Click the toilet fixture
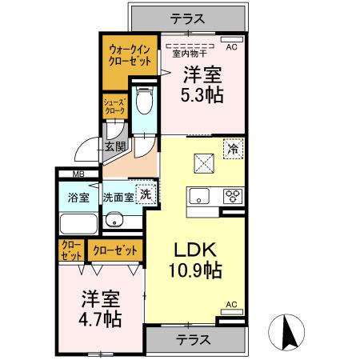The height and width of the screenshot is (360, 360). (144, 102)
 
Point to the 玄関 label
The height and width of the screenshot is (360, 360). (114, 146)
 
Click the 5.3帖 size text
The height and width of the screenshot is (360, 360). (202, 94)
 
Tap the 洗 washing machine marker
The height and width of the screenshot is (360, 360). (146, 194)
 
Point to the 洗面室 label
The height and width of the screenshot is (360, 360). (117, 197)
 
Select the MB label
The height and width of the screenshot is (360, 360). (78, 174)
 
